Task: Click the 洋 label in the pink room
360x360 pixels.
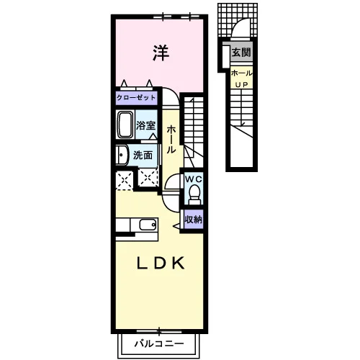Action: [161, 53]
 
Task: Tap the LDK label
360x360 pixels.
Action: [161, 263]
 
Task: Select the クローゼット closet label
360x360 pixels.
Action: [136, 98]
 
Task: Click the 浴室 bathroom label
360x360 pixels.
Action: [145, 125]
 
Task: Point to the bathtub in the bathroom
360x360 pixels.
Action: [125, 125]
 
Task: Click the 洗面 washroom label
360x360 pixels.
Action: [143, 156]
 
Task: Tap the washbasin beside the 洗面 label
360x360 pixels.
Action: [122, 155]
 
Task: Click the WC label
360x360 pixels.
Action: [194, 179]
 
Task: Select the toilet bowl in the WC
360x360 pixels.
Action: [194, 193]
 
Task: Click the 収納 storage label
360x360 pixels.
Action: [194, 220]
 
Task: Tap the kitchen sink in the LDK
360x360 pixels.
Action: [148, 225]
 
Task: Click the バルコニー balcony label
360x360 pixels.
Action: [159, 343]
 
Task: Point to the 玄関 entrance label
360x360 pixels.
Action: [241, 53]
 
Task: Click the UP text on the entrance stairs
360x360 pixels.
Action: [241, 85]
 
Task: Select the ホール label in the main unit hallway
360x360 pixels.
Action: [171, 140]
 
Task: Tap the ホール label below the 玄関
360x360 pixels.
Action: [241, 73]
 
